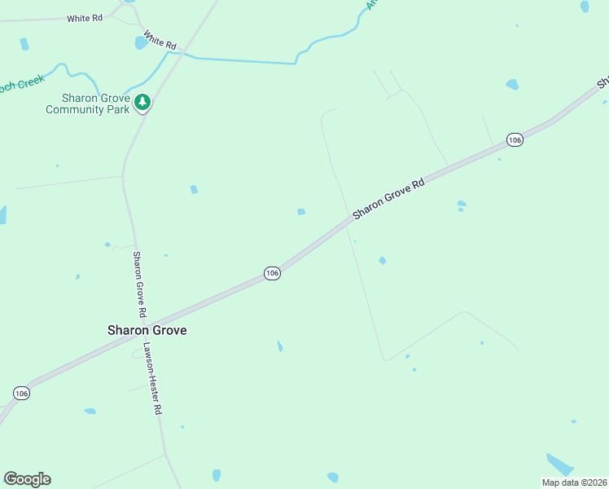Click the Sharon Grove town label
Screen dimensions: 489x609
click(147, 330)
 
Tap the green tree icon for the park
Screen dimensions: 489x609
click(143, 102)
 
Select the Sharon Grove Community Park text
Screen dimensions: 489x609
click(88, 104)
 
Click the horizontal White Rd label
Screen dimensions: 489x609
click(85, 18)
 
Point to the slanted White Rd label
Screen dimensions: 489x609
click(160, 41)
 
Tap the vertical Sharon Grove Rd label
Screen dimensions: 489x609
click(140, 284)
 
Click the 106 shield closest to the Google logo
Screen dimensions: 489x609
click(22, 393)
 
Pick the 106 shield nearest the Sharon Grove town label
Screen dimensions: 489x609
click(272, 273)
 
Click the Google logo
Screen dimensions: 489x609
click(27, 479)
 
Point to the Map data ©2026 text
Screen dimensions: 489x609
click(574, 482)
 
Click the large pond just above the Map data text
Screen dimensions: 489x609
click(560, 464)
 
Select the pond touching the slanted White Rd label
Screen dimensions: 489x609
click(141, 43)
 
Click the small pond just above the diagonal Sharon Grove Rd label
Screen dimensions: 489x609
click(301, 212)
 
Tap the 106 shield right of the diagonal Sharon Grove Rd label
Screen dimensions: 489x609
click(514, 140)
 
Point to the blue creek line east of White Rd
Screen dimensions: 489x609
click(244, 60)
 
